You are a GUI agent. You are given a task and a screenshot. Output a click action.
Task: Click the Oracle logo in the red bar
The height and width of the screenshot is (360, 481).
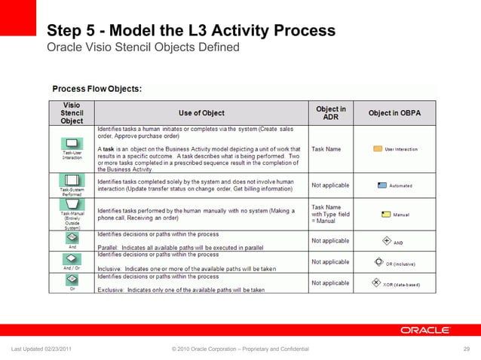425,330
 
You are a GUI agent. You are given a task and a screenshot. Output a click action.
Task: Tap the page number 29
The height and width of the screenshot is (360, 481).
466,348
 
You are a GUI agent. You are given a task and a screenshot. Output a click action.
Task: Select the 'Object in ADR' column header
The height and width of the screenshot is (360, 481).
330,113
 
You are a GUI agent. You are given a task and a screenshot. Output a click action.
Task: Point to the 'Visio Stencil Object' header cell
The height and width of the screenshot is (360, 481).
72,113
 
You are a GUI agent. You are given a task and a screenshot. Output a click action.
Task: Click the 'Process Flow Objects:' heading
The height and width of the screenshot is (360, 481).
97,89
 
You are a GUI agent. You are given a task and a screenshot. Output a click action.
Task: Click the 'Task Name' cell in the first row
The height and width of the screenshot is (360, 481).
326,149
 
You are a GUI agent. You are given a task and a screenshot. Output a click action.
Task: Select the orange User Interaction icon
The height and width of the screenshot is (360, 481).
378,149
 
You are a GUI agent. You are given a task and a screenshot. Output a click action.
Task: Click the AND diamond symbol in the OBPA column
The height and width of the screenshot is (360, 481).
387,242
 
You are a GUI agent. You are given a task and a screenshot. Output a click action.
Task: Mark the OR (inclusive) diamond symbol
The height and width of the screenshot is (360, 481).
379,264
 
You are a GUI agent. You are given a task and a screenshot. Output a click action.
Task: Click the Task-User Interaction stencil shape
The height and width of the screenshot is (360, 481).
72,142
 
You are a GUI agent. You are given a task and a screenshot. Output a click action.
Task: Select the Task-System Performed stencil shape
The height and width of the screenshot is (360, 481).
72,181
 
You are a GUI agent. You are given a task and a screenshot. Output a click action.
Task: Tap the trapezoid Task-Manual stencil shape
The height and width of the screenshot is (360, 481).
72,204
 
